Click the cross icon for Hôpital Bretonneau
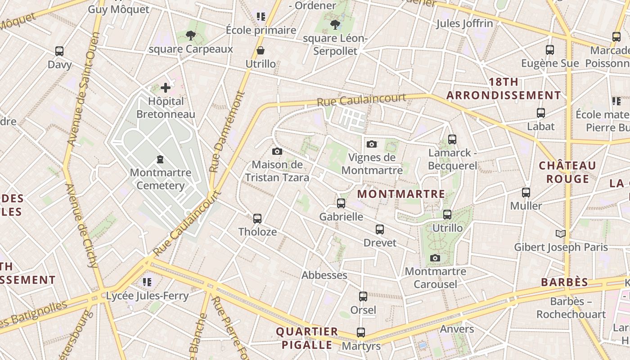pos(166,88)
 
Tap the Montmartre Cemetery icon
pos(160,159)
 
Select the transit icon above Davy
pos(59,51)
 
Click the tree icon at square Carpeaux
pos(191,36)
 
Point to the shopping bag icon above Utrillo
pos(260,50)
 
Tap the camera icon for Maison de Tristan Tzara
pos(277,151)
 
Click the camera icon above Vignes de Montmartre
pos(372,144)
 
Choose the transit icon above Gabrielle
pos(341,203)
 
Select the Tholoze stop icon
pos(257,219)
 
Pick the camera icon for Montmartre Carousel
pos(435,258)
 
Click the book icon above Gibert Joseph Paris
pos(560,234)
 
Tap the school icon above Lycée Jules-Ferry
pos(147,282)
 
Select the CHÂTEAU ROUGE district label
pos(567,172)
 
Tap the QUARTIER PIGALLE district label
pos(307,338)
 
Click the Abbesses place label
pos(324,275)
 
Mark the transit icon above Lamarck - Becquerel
pos(452,139)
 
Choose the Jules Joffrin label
pos(464,23)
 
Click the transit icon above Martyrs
pos(361,333)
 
